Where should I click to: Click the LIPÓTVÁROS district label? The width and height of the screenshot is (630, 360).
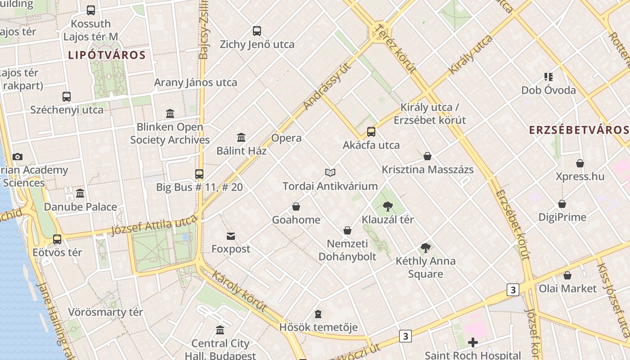tap(107, 55)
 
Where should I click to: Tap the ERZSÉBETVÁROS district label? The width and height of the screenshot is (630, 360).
tap(579, 130)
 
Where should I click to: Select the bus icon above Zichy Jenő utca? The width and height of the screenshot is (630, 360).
tap(257, 31)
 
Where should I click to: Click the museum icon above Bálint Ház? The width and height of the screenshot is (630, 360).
tap(241, 137)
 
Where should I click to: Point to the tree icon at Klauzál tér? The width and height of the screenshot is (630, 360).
tap(387, 207)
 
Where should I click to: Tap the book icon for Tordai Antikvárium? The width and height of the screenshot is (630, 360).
tap(330, 172)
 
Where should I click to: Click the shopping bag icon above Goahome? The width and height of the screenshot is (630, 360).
tap(296, 207)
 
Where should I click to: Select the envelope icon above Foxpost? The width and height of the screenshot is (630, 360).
tap(231, 236)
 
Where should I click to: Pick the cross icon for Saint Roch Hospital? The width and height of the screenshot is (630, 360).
tap(473, 343)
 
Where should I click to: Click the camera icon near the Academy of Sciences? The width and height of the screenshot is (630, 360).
tap(18, 157)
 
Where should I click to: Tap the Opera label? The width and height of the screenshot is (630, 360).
tap(287, 138)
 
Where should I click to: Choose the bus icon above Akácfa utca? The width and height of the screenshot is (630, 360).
tap(371, 132)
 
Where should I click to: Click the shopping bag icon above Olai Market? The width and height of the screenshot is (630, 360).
tap(567, 275)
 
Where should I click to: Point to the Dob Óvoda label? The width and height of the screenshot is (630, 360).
tap(549, 90)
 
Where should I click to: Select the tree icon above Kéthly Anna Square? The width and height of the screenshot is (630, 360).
tap(425, 247)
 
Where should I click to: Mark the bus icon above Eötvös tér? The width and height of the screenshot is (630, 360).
tap(57, 239)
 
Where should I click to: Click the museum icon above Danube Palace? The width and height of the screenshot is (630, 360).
tap(80, 193)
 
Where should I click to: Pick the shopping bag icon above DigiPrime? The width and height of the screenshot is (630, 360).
tap(562, 204)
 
